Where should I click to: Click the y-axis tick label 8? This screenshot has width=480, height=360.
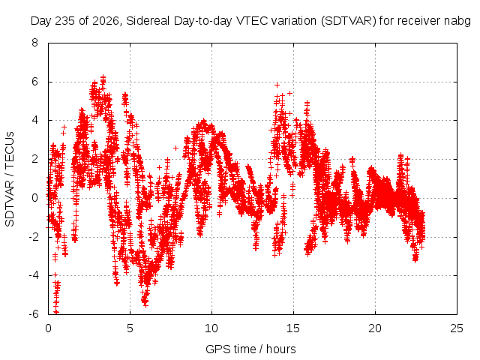[34, 43]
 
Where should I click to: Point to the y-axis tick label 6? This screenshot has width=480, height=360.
[34, 82]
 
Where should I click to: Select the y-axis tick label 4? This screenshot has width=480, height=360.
[34, 120]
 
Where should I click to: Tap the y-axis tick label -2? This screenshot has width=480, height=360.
[33, 237]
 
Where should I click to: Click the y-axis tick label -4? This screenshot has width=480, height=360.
[33, 275]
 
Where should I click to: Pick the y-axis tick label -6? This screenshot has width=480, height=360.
[33, 314]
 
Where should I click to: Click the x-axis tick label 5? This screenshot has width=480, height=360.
[130, 328]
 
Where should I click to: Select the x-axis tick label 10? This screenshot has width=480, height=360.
[211, 328]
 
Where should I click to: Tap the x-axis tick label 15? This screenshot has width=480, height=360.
[293, 328]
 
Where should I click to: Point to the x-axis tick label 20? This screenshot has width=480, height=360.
[375, 328]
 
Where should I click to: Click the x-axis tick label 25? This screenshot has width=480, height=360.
[457, 328]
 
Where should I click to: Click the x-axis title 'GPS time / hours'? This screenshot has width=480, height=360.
[250, 349]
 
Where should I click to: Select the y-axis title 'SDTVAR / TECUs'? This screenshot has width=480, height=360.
[10, 179]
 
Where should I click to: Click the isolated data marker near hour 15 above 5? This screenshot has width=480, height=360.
[289, 93]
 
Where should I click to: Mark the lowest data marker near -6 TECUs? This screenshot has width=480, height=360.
[56, 312]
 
